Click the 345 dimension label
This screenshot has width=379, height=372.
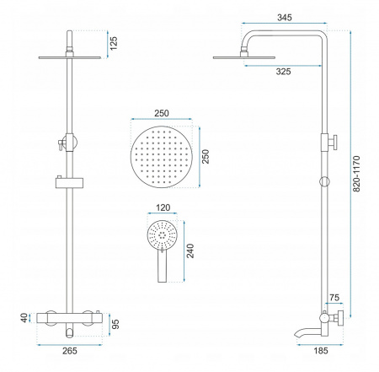285,18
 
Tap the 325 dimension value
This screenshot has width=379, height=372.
283,72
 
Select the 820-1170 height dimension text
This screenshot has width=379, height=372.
356,174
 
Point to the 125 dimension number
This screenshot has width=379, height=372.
114,43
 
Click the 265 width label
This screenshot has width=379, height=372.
70,351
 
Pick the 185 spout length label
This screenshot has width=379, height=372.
321,351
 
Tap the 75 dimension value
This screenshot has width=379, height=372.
334,298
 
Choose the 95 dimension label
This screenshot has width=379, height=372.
115,324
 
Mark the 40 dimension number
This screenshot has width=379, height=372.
24,318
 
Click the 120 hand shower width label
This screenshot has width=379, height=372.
163,208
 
